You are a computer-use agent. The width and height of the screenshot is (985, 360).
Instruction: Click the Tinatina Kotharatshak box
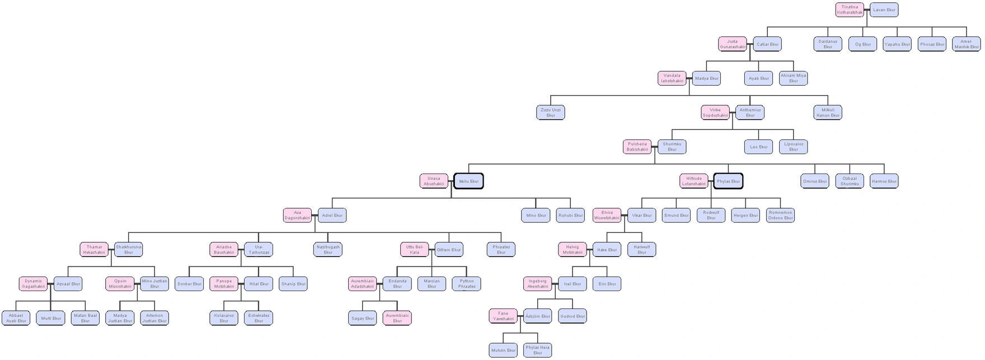850,10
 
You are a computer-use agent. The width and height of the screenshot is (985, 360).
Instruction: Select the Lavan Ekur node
884,10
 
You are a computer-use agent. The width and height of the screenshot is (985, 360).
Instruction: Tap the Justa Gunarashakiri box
733,44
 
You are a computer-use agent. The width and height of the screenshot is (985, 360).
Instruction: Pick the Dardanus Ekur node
828,44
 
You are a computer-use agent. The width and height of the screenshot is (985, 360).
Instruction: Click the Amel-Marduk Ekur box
967,44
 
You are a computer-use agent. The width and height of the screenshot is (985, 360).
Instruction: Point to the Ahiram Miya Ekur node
793,78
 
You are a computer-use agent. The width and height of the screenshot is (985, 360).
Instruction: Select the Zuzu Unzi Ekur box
551,113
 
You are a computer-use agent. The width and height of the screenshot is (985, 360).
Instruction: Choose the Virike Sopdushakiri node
715,113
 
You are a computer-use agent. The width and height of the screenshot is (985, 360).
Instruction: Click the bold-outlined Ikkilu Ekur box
468,181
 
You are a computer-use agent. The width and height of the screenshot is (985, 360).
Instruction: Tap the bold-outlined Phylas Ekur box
728,181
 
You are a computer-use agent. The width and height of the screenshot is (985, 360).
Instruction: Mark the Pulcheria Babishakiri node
637,147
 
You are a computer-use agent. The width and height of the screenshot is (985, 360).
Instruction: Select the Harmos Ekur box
884,181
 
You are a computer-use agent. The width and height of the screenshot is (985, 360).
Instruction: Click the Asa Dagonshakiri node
297,215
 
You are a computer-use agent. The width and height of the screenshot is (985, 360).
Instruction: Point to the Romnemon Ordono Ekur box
780,215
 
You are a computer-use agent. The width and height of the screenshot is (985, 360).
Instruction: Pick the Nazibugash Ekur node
328,249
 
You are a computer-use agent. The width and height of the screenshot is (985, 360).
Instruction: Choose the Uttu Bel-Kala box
414,249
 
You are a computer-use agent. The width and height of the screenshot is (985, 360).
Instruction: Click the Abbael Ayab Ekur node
16,318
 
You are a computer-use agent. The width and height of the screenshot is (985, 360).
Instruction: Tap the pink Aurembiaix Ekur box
397,318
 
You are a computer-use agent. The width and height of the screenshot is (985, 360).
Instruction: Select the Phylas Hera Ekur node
537,350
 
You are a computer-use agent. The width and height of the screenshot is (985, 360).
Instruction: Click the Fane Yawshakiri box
503,316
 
